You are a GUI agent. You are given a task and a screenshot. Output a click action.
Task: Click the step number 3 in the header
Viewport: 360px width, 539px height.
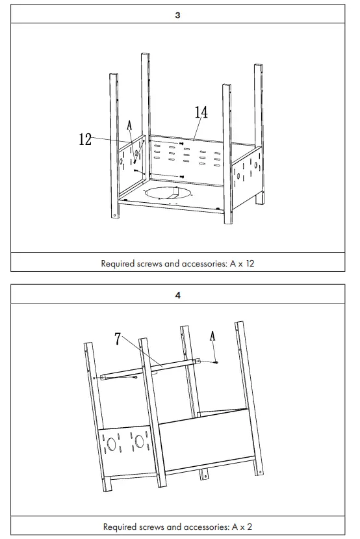point(177,15)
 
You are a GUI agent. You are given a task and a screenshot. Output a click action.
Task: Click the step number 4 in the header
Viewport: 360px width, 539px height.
point(177,295)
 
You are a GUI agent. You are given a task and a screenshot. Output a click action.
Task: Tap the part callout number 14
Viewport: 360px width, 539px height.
point(201,112)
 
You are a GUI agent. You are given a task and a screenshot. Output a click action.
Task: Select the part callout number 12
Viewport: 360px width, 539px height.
point(85,139)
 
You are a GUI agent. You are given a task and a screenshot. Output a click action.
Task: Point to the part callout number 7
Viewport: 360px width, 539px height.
point(118,339)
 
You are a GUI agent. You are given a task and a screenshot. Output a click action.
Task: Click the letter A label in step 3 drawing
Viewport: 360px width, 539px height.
point(129,125)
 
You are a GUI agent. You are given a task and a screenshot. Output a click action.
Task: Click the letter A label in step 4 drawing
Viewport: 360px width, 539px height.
point(212,336)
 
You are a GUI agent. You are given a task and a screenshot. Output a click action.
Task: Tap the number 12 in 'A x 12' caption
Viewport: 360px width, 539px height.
point(250,264)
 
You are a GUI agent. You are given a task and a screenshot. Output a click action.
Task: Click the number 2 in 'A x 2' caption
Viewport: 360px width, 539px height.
point(250,527)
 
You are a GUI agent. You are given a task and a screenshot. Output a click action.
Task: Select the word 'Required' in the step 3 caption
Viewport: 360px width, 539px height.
point(118,264)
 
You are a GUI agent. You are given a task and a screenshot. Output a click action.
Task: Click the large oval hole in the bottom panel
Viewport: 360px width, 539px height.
point(169,193)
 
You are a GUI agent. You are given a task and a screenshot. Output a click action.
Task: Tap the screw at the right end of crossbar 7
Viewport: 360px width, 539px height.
point(215,362)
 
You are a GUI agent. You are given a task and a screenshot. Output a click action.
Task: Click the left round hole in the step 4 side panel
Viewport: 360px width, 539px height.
point(111,444)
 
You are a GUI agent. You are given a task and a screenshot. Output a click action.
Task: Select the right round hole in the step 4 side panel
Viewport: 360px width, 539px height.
point(139,441)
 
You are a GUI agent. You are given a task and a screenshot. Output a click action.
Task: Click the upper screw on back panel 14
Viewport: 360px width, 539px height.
point(181,144)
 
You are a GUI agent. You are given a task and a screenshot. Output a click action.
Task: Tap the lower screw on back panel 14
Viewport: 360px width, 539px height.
point(182,176)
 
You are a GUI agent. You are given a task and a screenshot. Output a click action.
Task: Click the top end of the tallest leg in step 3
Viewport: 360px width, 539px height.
point(146,54)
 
